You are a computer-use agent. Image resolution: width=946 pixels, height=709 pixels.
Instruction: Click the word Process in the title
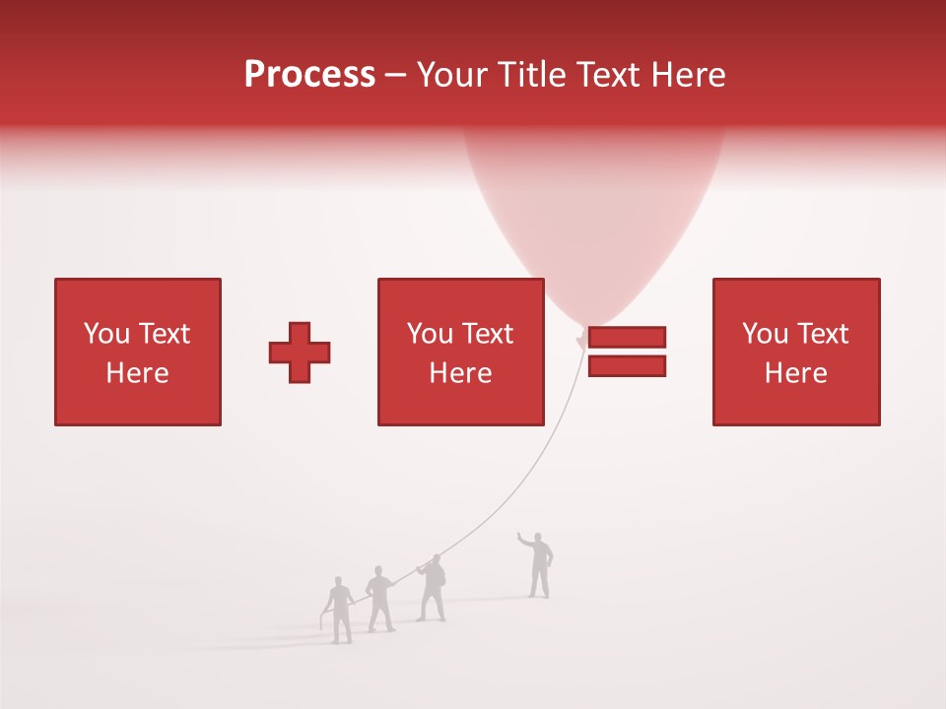[309, 75]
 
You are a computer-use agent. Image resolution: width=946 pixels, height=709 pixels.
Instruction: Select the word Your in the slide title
[455, 75]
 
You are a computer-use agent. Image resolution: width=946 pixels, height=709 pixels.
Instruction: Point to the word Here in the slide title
[687, 75]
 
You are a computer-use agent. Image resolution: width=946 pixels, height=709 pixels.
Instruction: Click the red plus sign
[300, 353]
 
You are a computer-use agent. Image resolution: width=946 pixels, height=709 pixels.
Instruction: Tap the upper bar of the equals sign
[627, 337]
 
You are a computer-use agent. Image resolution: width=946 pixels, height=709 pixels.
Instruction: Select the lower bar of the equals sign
[627, 365]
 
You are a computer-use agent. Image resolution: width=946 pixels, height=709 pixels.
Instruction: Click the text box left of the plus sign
[138, 352]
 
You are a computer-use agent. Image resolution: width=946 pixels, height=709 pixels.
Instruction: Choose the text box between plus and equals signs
[460, 352]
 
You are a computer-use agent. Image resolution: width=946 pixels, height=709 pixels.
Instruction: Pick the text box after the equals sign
[795, 352]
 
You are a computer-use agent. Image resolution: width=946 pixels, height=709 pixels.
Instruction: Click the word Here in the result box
[795, 373]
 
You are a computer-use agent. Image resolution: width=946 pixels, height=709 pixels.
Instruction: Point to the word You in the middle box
[430, 334]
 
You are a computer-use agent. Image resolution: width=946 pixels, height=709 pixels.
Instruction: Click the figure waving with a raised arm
[538, 567]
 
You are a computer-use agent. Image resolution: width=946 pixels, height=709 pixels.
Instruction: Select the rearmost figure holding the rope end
[340, 611]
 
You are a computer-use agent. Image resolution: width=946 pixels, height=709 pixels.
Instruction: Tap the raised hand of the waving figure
[521, 536]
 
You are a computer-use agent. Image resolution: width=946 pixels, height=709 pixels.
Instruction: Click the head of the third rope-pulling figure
[435, 559]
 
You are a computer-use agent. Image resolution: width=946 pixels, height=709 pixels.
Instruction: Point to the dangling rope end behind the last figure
[323, 621]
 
